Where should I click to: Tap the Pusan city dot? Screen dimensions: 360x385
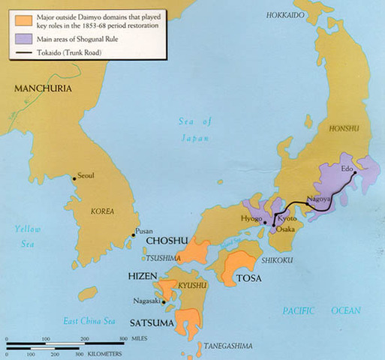tap(133, 235)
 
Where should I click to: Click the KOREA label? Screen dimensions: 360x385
tap(102, 211)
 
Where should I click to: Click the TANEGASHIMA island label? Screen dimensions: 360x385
tap(228, 345)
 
